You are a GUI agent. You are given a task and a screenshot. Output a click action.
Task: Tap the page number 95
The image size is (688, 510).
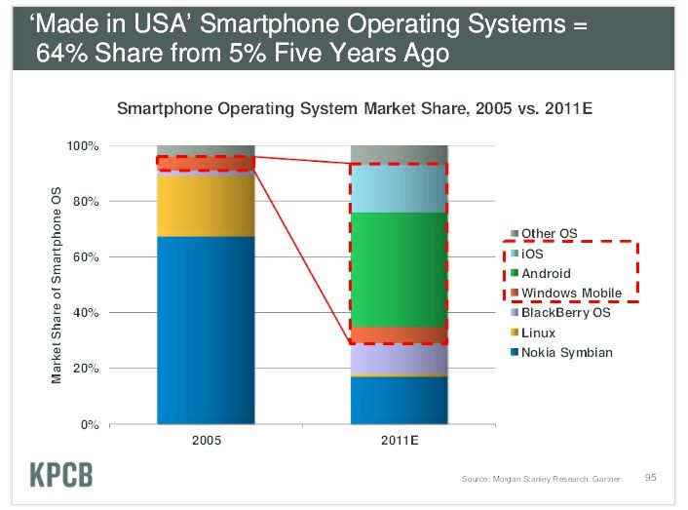(x=651, y=477)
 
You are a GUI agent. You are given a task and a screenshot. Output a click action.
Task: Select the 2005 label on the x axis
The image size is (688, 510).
(x=206, y=441)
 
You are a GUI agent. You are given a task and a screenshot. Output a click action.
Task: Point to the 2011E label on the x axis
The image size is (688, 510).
(x=399, y=441)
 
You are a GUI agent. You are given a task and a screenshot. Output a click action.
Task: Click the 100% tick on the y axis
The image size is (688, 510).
(x=83, y=146)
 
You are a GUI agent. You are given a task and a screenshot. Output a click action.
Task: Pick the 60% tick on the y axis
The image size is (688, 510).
(x=86, y=257)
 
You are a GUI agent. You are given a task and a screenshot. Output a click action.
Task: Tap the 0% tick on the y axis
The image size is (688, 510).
(x=90, y=425)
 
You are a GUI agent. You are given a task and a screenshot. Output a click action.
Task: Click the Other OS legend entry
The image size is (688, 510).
(x=550, y=234)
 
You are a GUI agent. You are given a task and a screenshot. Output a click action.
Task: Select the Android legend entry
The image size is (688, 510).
(x=546, y=274)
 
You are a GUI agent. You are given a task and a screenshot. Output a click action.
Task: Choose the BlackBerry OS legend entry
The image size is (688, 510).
(x=564, y=313)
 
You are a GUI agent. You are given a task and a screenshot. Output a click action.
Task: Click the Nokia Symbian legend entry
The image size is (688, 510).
(x=566, y=353)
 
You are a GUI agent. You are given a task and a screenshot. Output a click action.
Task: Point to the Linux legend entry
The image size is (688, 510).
(x=538, y=333)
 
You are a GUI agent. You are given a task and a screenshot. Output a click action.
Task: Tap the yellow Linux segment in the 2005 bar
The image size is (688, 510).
(x=206, y=206)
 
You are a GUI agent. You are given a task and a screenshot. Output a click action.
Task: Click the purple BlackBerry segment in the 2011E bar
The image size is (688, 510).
(x=399, y=358)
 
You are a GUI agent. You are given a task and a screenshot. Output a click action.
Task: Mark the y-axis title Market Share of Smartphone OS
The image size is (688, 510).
(x=57, y=284)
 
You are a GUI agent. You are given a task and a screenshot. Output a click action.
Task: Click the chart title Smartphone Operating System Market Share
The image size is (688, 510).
(x=354, y=108)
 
